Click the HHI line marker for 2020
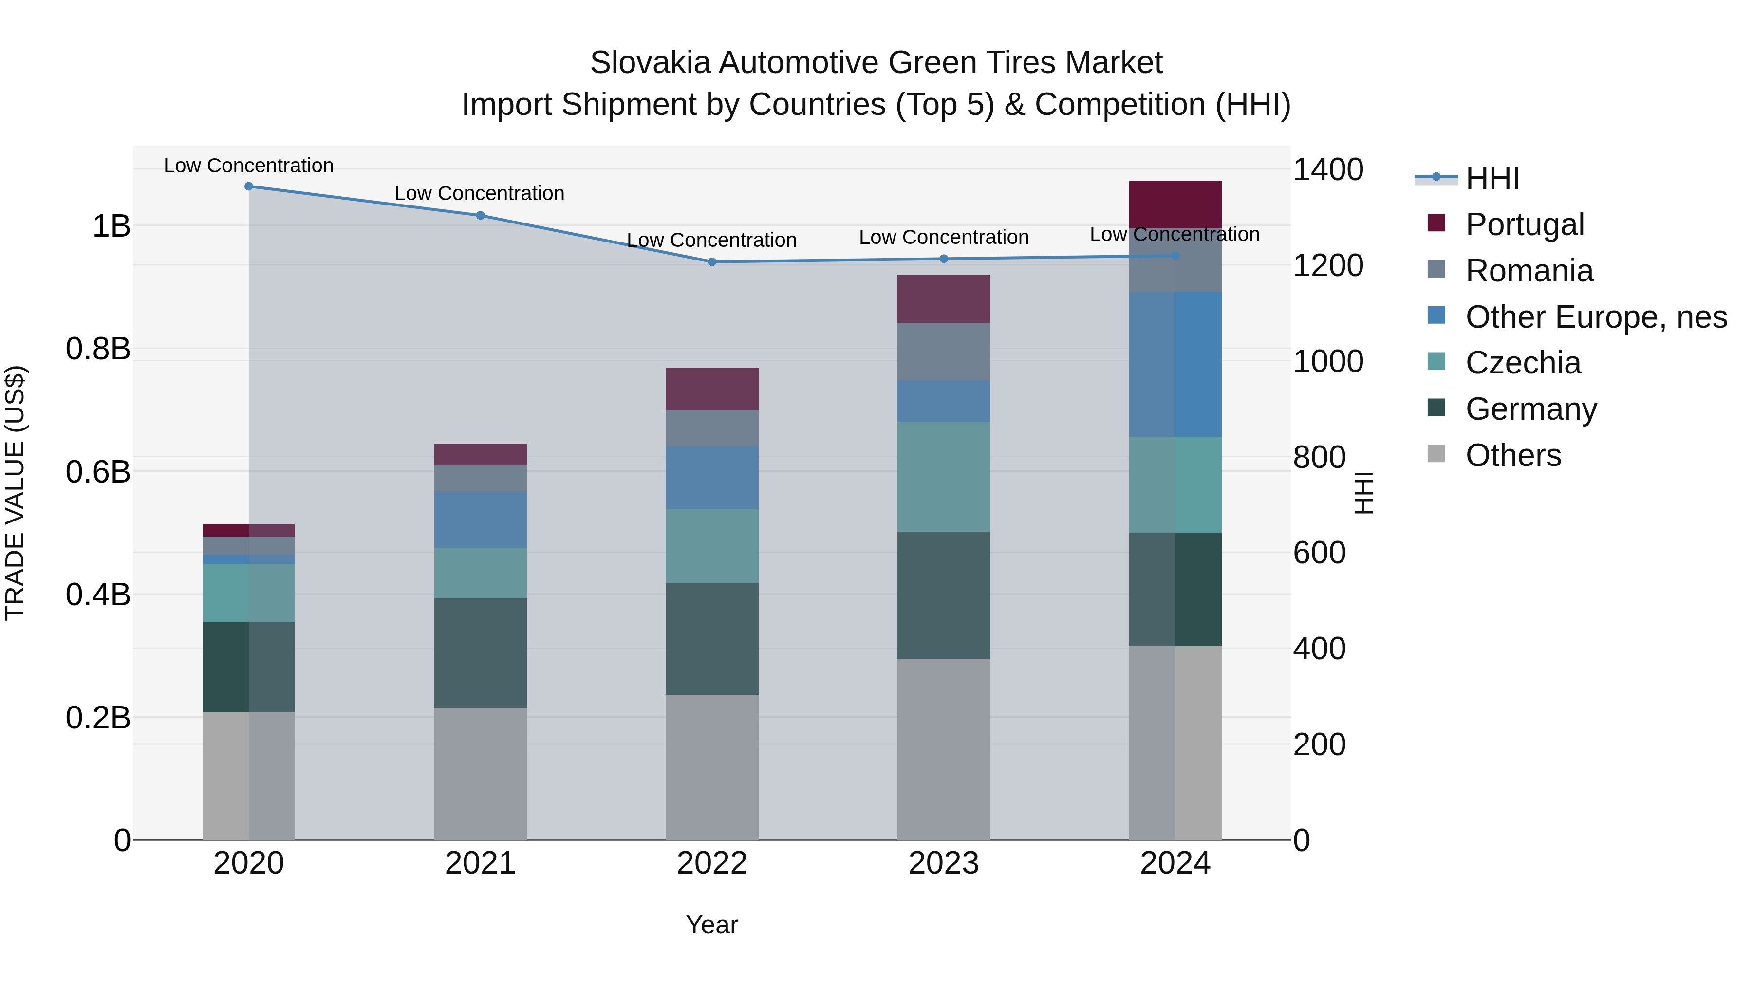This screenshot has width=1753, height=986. click(248, 186)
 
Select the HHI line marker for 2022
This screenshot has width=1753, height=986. click(712, 262)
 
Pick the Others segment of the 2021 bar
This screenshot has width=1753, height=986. click(481, 774)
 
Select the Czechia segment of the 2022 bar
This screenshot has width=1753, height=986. click(712, 546)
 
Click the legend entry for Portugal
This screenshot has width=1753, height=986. click(1524, 224)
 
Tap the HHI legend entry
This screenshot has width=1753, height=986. click(1492, 178)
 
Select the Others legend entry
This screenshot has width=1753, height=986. click(1513, 455)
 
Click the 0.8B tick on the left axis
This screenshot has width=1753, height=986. click(98, 349)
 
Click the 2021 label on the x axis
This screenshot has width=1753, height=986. click(481, 863)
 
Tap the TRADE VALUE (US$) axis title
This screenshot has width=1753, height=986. click(15, 493)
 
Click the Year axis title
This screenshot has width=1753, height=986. click(712, 925)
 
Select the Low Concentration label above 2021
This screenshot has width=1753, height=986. click(479, 193)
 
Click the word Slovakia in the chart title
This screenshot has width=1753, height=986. click(651, 63)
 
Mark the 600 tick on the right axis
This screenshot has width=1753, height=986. click(1319, 553)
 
